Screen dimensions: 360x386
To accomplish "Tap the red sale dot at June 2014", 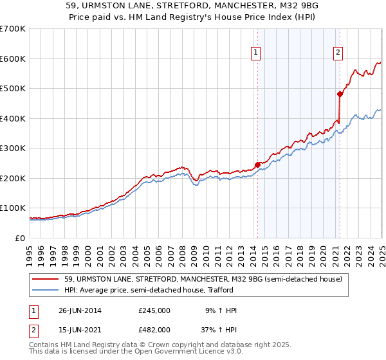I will (x=257, y=165).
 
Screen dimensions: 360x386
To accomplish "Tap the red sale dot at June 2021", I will (x=340, y=94).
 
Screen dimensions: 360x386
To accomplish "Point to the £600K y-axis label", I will (x=13, y=59).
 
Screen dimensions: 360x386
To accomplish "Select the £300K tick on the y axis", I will (x=13, y=148).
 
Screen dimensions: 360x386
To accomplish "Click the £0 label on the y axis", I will (x=21, y=238).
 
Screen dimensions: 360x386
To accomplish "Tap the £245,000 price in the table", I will (x=154, y=310).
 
